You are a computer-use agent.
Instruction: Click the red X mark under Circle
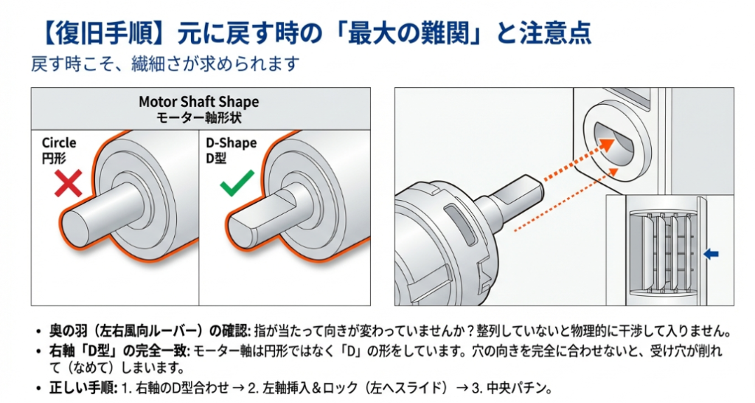pyautogui.click(x=68, y=182)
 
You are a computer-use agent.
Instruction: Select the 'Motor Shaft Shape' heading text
pyautogui.click(x=199, y=101)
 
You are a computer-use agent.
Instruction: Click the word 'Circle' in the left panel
pyautogui.click(x=59, y=142)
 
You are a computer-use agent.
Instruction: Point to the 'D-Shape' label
pyautogui.click(x=231, y=142)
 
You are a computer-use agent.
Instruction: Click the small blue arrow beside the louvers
pyautogui.click(x=711, y=254)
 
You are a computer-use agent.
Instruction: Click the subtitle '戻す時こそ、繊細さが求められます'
pyautogui.click(x=165, y=63)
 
